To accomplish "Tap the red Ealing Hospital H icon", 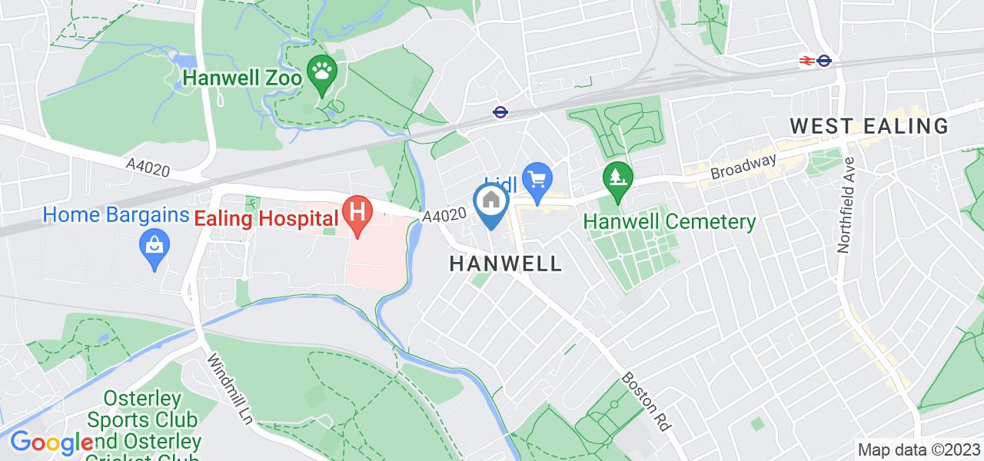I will (357, 211).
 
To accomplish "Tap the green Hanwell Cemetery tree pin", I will (617, 178).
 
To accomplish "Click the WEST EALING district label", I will (869, 126).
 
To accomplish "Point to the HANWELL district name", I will (505, 264).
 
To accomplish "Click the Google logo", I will (51, 443).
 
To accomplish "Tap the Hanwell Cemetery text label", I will (670, 223).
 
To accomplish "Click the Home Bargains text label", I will (115, 214).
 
